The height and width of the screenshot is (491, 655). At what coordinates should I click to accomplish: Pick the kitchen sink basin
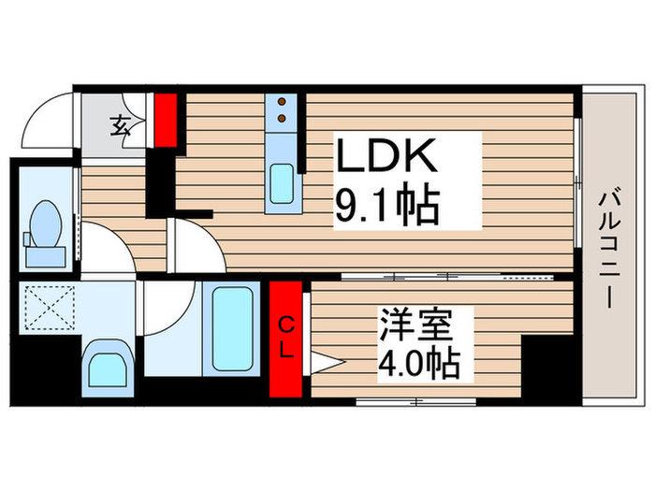pos(281,182)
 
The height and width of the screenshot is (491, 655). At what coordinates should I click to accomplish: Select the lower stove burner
pos(281,119)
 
